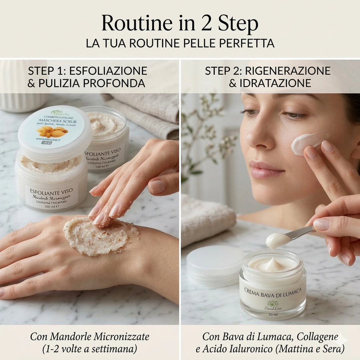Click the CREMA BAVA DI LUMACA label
point(273,291)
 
